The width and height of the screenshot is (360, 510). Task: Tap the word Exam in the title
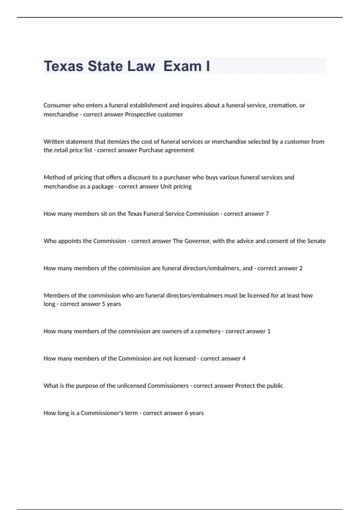point(183,66)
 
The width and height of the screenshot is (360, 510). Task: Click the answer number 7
point(267,214)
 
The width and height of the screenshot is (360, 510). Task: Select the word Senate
point(316,241)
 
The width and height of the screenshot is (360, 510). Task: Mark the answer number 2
point(301,268)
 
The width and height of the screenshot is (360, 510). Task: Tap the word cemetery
point(208,331)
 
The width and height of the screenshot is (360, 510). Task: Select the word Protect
point(245,386)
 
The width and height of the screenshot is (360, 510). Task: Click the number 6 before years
point(186,413)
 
